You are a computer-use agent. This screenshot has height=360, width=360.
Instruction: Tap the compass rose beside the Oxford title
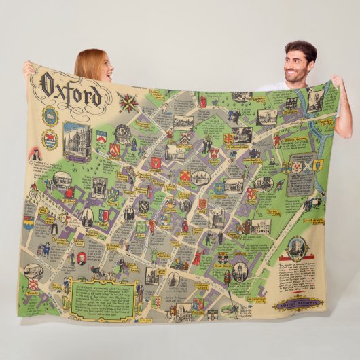pos(128,103)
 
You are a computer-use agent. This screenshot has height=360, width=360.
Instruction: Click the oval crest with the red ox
pos(50,140)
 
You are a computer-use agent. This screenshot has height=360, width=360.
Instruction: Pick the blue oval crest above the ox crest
pos(50,115)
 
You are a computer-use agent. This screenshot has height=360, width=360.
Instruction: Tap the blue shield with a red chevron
pos(102,136)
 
